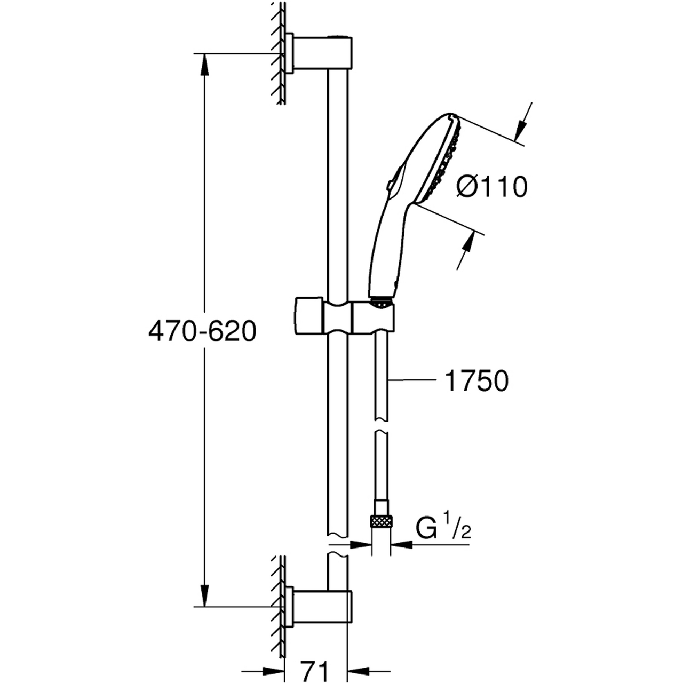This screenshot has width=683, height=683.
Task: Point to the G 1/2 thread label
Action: tap(443, 530)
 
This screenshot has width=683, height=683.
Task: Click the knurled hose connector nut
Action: tap(382, 521)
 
